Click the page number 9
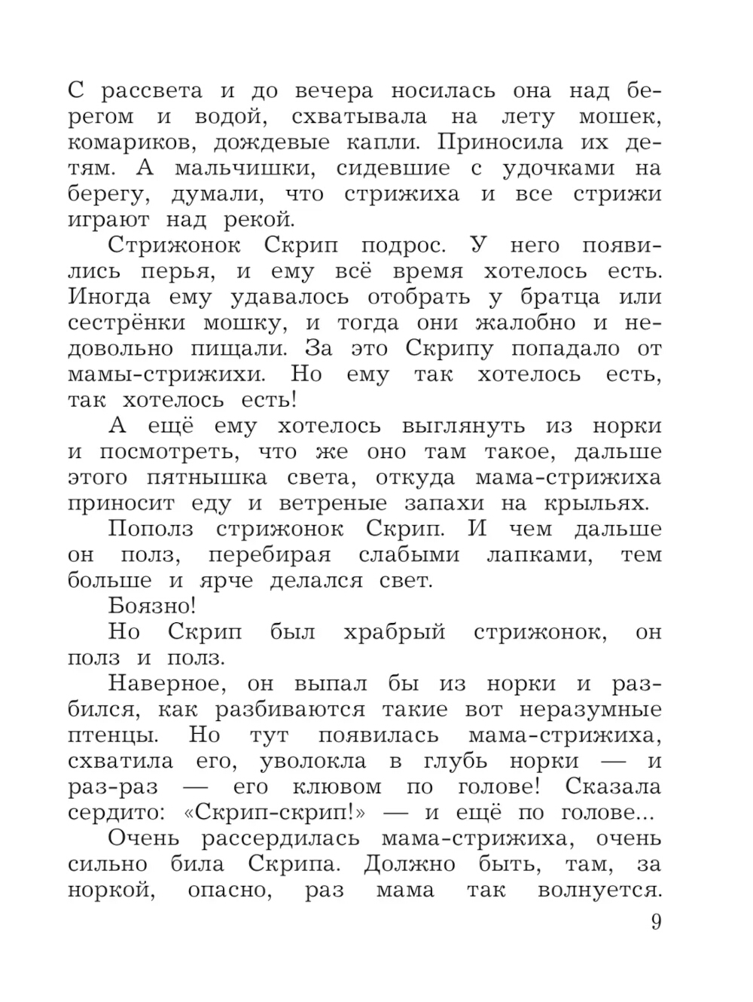pos(655,921)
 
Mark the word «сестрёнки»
pos(127,323)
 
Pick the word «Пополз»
pos(151,529)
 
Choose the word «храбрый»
pos(395,631)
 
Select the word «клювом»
pos(337,787)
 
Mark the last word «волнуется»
pos(599,890)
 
